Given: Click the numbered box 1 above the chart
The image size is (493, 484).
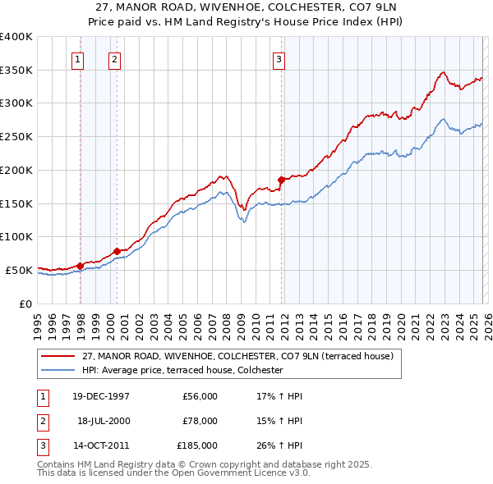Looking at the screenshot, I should [x=77, y=58].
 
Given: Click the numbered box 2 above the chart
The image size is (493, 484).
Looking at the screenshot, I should [x=114, y=58].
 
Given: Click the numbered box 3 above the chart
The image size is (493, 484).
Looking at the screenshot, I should [x=279, y=58].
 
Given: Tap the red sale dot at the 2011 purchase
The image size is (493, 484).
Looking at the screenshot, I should [x=281, y=179].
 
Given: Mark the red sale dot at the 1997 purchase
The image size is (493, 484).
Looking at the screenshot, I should [x=80, y=265].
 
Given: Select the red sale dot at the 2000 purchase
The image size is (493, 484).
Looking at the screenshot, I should [x=117, y=250].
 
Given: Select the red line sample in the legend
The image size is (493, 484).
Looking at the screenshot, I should [x=59, y=357].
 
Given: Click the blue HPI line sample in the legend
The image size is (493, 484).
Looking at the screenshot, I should [x=59, y=371].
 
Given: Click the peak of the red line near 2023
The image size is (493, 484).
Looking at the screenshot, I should [x=443, y=72].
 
